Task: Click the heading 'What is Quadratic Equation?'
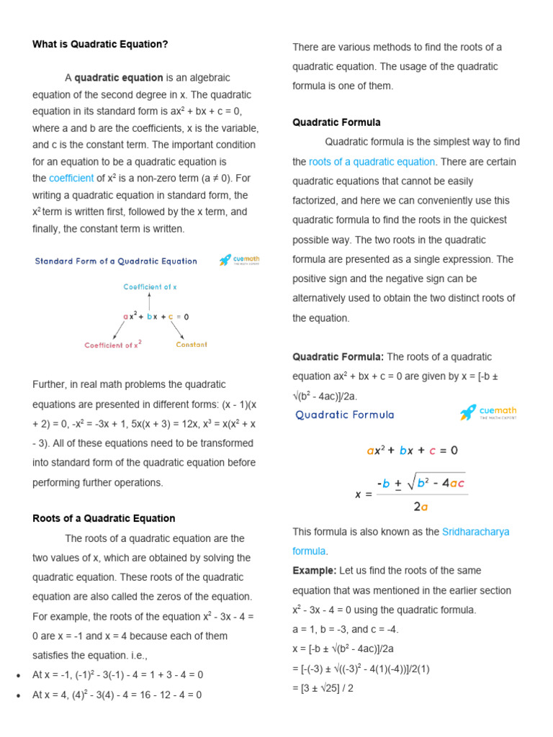click(100, 45)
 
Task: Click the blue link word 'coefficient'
click(71, 178)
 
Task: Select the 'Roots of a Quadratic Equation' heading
click(104, 518)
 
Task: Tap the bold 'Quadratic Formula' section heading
click(336, 122)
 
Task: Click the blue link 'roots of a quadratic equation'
click(372, 162)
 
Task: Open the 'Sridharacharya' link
click(475, 532)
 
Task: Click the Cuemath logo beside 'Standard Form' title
click(239, 261)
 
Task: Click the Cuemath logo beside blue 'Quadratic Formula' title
click(488, 413)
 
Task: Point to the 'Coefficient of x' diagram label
click(150, 286)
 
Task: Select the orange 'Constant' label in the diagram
click(192, 345)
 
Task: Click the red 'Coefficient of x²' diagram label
click(113, 345)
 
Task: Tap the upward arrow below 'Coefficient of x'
click(149, 301)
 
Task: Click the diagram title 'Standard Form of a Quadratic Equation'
click(116, 261)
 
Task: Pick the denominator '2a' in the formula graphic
click(421, 506)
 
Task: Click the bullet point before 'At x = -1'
click(17, 676)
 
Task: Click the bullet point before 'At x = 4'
click(17, 696)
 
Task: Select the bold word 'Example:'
click(314, 571)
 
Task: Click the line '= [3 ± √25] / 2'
click(323, 688)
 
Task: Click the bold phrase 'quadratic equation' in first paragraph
click(119, 78)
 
